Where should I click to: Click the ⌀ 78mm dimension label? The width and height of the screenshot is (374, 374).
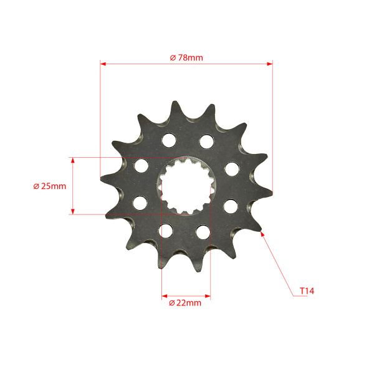point(186,58)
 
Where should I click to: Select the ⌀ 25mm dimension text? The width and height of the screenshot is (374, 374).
point(50,186)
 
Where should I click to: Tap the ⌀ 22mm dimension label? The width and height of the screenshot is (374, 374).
point(185,303)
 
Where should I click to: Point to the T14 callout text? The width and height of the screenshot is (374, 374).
point(307,291)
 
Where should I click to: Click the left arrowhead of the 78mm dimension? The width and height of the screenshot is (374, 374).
point(103,64)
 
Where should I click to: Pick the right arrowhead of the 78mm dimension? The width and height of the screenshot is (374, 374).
point(270,64)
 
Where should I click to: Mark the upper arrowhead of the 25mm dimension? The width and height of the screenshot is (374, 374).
point(73,160)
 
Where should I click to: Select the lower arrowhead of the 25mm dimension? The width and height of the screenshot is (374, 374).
point(73,211)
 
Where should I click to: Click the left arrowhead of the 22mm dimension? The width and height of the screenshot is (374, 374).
point(165,296)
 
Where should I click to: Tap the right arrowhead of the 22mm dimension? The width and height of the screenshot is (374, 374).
point(208,296)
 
